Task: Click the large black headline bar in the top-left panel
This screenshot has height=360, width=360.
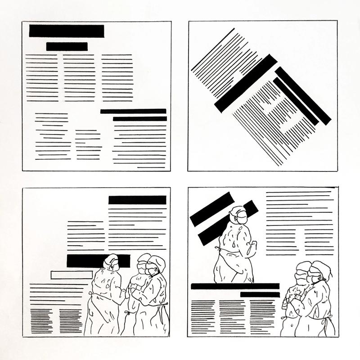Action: (67, 31)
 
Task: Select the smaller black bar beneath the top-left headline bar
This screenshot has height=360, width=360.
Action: (67, 46)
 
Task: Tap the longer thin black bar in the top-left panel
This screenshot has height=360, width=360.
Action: (133, 111)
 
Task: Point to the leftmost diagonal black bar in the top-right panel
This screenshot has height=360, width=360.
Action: (245, 83)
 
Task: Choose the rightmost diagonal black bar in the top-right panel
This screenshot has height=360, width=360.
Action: (303, 95)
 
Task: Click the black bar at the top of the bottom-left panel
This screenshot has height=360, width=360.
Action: (137, 200)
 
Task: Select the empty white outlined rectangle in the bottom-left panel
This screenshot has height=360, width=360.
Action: (72, 274)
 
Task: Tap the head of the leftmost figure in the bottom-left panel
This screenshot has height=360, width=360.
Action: (111, 262)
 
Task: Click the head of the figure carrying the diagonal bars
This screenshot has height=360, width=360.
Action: (238, 215)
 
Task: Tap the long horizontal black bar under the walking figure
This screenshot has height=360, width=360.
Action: (235, 286)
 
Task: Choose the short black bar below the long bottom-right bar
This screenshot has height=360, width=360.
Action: (260, 294)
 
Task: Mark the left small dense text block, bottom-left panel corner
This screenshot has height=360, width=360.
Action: (41, 320)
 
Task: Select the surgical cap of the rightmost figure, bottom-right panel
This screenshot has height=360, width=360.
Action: (323, 268)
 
